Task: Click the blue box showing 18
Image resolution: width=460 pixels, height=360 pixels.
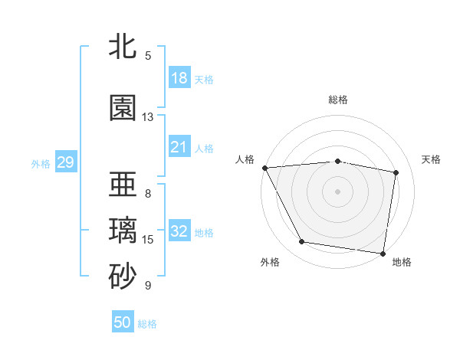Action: pyautogui.click(x=179, y=78)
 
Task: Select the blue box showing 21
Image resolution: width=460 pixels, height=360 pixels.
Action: pyautogui.click(x=179, y=147)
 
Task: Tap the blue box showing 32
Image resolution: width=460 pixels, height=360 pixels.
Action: pyautogui.click(x=179, y=231)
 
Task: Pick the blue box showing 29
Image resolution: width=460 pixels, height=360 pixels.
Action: pyautogui.click(x=65, y=162)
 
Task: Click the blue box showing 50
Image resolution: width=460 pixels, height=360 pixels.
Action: pyautogui.click(x=123, y=322)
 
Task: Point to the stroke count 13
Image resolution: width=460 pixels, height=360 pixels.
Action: pyautogui.click(x=148, y=117)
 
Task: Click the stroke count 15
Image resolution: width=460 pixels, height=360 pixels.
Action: pyautogui.click(x=148, y=240)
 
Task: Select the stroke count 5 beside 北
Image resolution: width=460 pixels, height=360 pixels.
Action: pyautogui.click(x=148, y=55)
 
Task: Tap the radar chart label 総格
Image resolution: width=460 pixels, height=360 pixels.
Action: pyautogui.click(x=338, y=100)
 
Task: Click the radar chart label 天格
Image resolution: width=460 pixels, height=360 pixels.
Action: pyautogui.click(x=431, y=159)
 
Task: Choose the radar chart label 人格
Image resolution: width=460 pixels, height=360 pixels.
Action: pyautogui.click(x=245, y=159)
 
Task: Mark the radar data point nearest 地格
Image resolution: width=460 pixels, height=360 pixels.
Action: pyautogui.click(x=383, y=253)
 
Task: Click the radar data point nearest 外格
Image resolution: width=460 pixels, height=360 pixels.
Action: pyautogui.click(x=301, y=242)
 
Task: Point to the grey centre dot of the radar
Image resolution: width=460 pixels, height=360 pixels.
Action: pyautogui.click(x=338, y=191)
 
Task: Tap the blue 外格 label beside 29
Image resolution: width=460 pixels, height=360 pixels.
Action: pyautogui.click(x=41, y=163)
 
